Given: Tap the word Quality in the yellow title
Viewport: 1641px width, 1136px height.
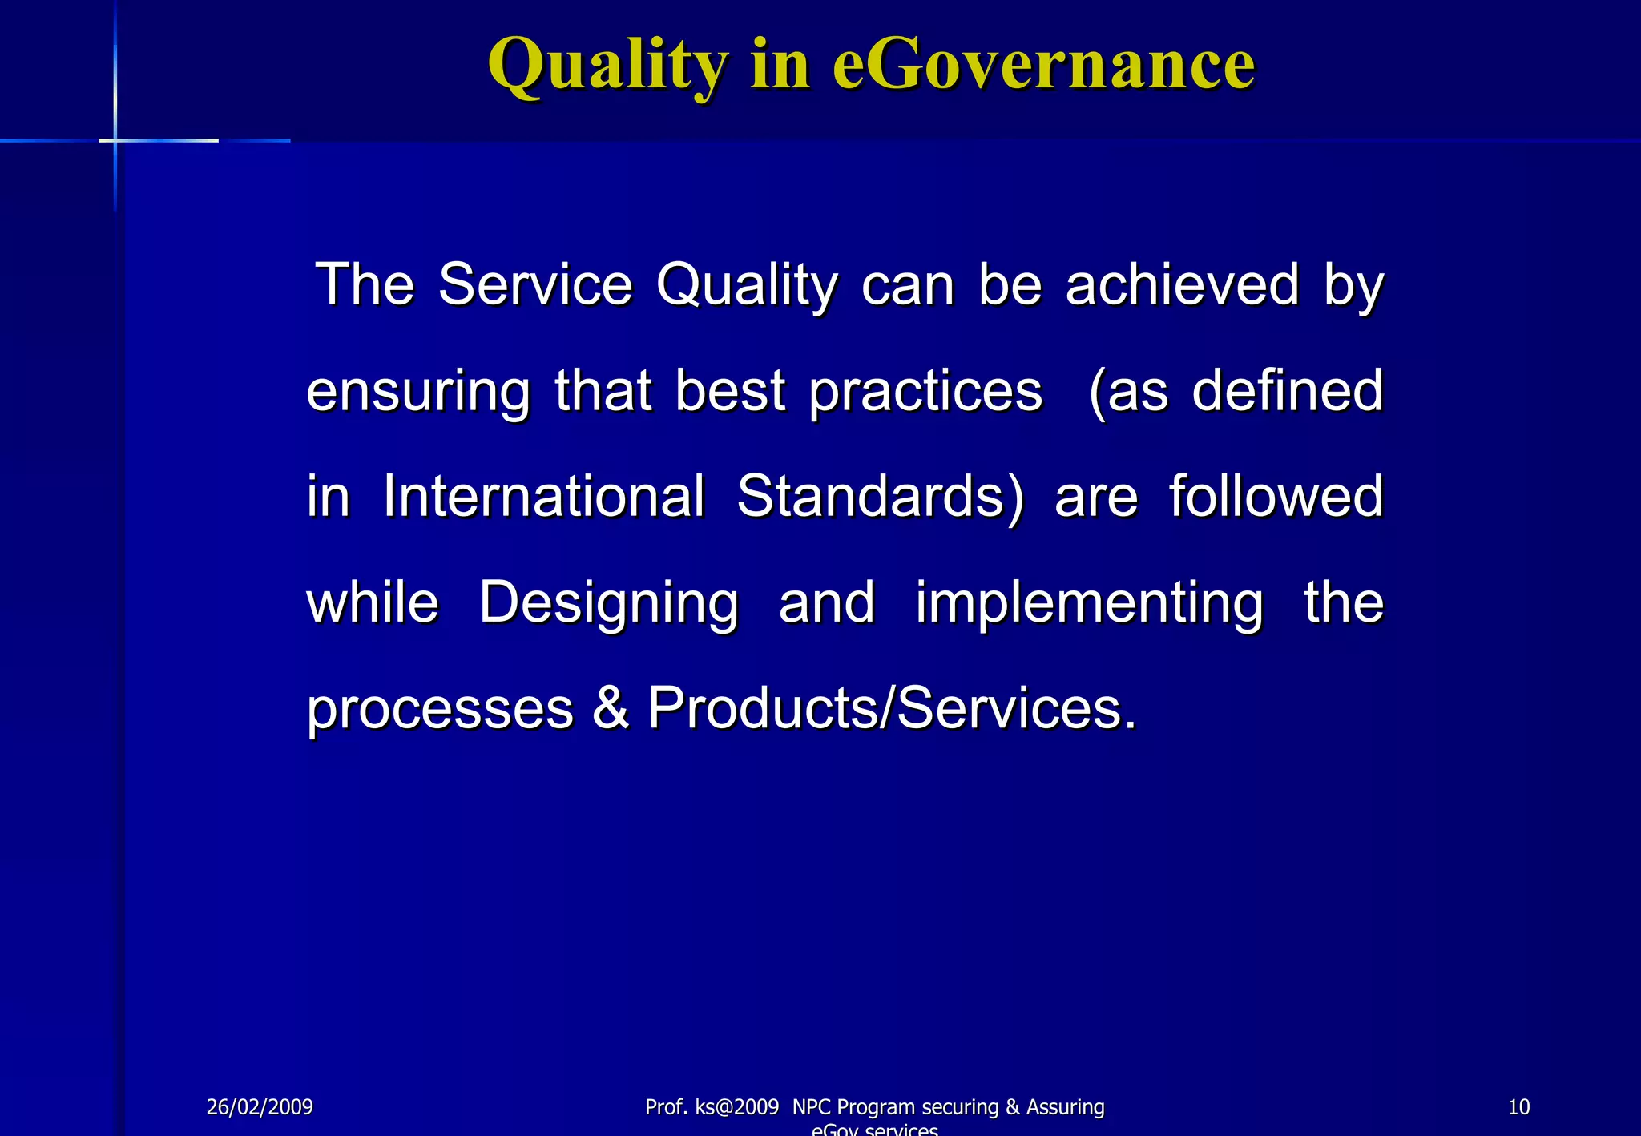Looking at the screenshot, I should [x=608, y=66].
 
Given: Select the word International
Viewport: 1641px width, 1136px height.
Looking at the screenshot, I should [x=544, y=496].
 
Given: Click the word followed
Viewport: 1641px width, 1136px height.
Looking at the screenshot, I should [x=1276, y=496].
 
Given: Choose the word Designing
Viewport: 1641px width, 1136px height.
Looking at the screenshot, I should [x=608, y=602].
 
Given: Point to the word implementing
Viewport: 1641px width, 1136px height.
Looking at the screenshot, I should [x=1089, y=602].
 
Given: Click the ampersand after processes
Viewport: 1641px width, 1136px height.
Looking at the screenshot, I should [x=611, y=708].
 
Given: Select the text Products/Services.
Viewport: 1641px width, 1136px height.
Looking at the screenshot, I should [x=891, y=708].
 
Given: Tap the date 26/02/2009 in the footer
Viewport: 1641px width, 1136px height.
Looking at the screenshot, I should [x=260, y=1107].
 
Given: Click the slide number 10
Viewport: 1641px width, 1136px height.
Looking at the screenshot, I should [x=1518, y=1107].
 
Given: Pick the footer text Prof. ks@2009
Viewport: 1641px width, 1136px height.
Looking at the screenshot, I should [x=712, y=1107].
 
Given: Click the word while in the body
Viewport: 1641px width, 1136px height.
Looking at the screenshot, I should [x=373, y=602].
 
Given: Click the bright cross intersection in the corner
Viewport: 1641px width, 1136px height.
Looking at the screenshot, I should [x=116, y=140].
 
